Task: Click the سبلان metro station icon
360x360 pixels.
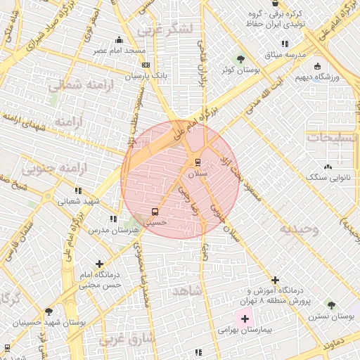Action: tap(198, 160)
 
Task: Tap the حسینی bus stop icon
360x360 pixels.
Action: tap(155, 211)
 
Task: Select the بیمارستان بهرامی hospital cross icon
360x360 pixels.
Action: tap(245, 319)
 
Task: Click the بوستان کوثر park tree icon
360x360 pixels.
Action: tap(241, 59)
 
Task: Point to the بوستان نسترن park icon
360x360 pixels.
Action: tap(331, 305)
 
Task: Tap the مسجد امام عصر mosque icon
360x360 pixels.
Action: tap(119, 39)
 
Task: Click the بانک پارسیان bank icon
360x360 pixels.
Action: tap(146, 64)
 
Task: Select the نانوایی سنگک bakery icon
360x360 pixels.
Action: tap(328, 167)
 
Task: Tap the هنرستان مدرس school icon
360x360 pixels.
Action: tap(113, 219)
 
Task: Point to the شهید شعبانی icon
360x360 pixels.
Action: tap(78, 190)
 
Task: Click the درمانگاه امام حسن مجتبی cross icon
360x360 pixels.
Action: tap(99, 263)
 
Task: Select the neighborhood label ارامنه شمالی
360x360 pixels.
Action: tap(75, 85)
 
